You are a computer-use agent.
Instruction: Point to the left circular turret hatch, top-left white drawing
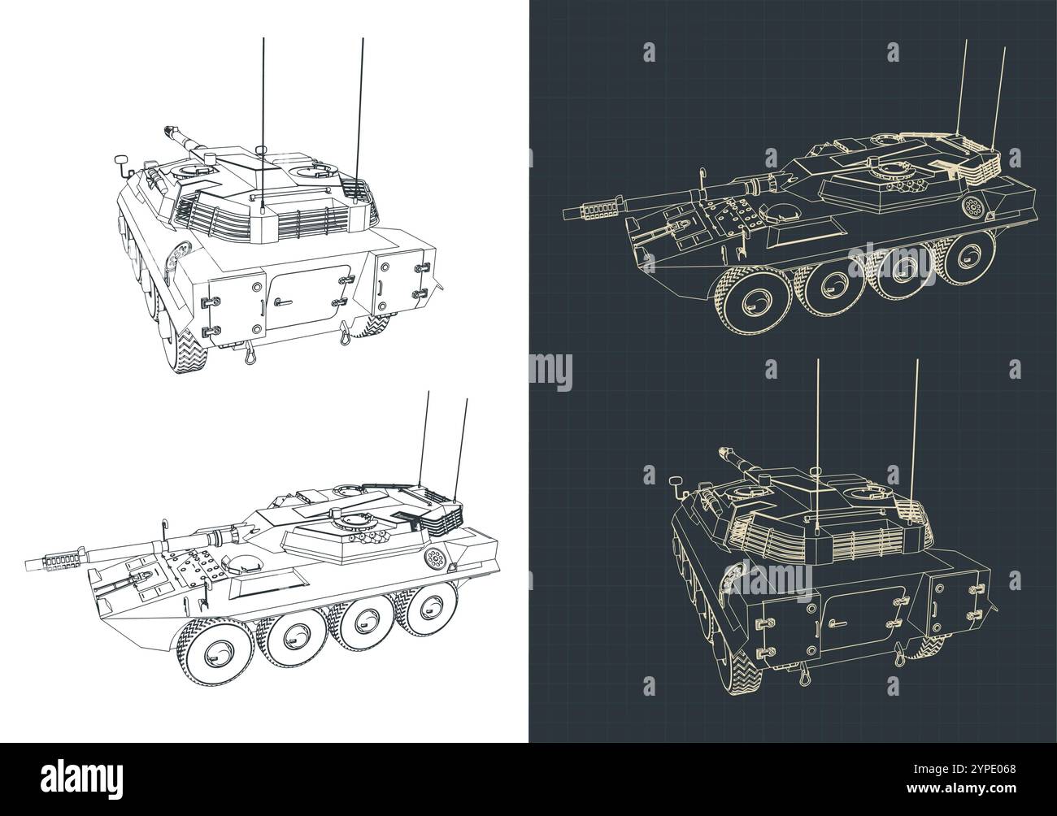193,170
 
